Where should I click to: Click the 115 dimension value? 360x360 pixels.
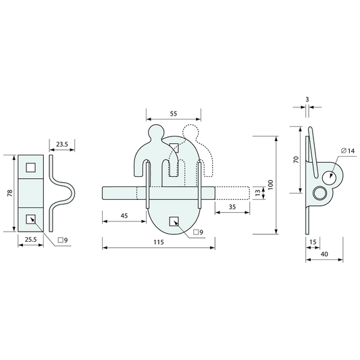pos(159,242)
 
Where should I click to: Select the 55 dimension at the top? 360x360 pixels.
pos(174,113)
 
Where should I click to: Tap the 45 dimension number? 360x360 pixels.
pos(124,216)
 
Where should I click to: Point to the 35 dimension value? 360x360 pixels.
pos(232,207)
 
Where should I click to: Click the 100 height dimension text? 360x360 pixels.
pos(271,185)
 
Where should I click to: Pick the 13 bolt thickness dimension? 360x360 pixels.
pos(258,193)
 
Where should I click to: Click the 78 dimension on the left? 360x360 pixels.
pos(10,193)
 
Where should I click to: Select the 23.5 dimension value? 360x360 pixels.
pos(62,145)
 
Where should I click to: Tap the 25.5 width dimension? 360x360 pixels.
pos(31,240)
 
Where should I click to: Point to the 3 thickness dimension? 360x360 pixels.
pos(307,100)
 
